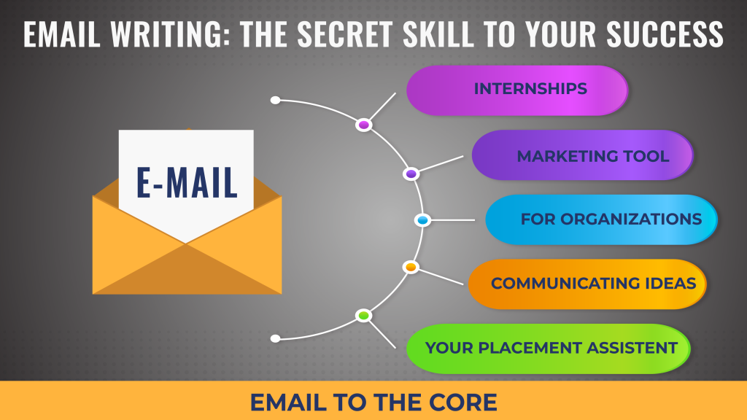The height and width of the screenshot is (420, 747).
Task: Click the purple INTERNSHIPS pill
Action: pos(517,90)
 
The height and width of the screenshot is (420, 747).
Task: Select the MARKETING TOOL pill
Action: pos(582,155)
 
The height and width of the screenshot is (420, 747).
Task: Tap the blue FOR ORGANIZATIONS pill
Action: pos(601,219)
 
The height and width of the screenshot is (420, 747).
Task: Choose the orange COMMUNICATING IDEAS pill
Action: pos(587,284)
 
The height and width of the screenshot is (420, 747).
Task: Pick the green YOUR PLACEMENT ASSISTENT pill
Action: pos(549,349)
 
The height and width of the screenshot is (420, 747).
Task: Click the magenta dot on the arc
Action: pos(364,125)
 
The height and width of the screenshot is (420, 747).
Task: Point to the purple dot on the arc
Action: pos(411,174)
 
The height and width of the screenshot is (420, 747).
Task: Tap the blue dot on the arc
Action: pos(422,220)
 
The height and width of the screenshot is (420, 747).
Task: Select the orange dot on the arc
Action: pos(411,267)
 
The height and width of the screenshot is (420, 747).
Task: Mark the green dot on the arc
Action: pos(363,315)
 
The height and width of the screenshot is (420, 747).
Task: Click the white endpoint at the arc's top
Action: pos(275,100)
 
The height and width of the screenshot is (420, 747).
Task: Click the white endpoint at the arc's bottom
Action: pos(275,338)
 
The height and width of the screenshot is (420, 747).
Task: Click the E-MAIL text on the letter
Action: pos(187,182)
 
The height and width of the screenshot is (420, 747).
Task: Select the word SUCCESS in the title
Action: pos(665,34)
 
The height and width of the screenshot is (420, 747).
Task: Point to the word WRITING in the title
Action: pos(166,34)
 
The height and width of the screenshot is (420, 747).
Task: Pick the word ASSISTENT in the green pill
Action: pos(632,348)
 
